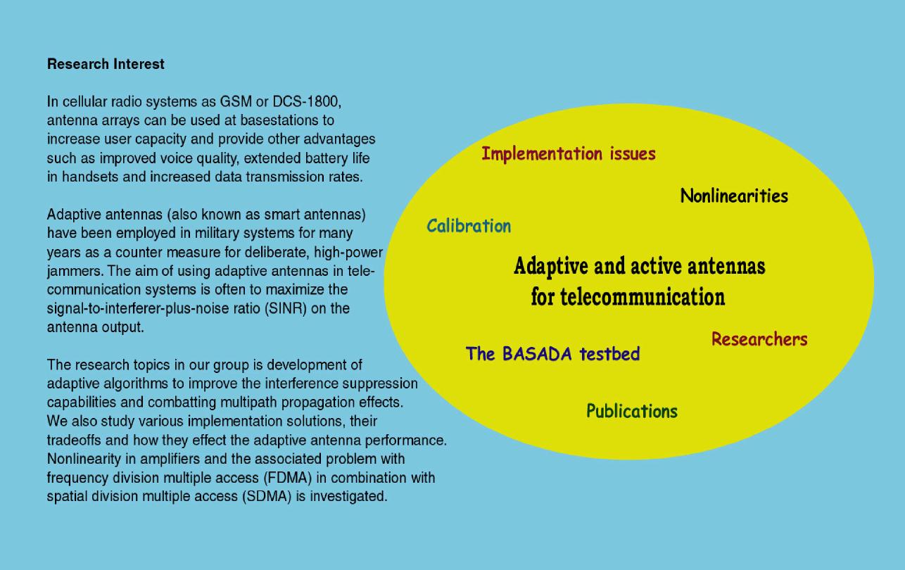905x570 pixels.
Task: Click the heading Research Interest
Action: pyautogui.click(x=106, y=64)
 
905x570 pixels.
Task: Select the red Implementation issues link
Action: pyautogui.click(x=569, y=154)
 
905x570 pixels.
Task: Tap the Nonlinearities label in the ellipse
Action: pyautogui.click(x=734, y=196)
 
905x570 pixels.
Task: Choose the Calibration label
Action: pyautogui.click(x=469, y=226)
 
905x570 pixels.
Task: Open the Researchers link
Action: pyautogui.click(x=759, y=339)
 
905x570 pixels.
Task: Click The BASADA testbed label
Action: pyautogui.click(x=552, y=354)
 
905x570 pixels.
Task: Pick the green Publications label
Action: pyautogui.click(x=632, y=411)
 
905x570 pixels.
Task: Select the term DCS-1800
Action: pyautogui.click(x=307, y=101)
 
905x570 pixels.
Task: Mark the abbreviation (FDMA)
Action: pyautogui.click(x=288, y=478)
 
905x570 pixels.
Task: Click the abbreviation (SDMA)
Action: pyautogui.click(x=267, y=497)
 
